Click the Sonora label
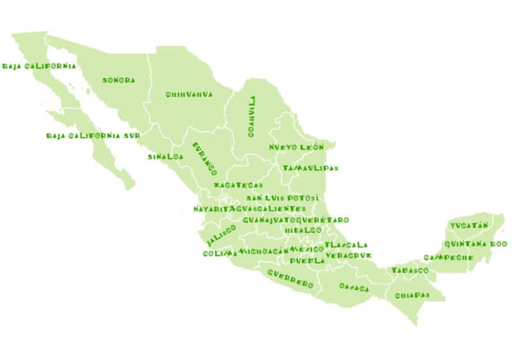click(119, 80)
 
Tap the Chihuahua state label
click(189, 94)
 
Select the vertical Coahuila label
click(253, 117)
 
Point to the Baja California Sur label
click(93, 136)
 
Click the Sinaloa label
click(165, 156)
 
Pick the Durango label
click(205, 159)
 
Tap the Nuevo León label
click(296, 147)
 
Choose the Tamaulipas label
click(310, 169)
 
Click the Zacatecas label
click(237, 185)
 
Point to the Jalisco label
click(221, 234)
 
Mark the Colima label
click(220, 253)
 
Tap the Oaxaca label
click(354, 288)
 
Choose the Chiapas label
click(412, 296)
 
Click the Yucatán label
click(468, 225)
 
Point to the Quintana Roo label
click(476, 244)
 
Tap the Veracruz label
click(348, 255)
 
